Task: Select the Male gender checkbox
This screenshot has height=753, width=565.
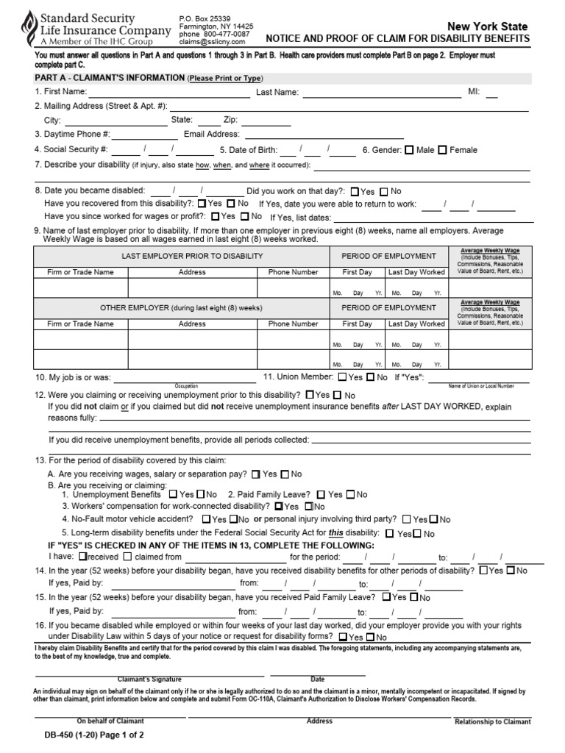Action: tap(409, 150)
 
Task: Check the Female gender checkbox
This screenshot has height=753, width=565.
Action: tap(442, 150)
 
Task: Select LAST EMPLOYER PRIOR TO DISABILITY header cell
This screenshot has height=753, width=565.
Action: tap(192, 256)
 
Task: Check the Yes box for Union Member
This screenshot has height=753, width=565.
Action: tap(342, 377)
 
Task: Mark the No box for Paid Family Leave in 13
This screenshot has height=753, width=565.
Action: tap(350, 495)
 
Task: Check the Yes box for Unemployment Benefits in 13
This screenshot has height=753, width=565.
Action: tap(173, 495)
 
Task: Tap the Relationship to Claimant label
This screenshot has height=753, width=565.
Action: tap(492, 722)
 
